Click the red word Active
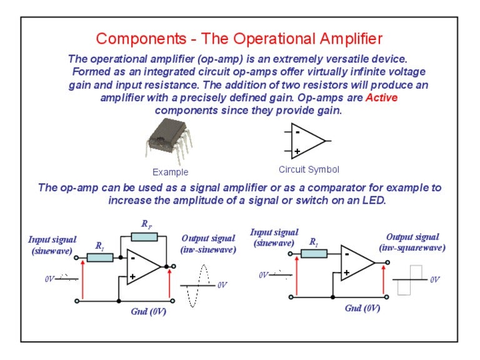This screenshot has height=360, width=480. coord(381,97)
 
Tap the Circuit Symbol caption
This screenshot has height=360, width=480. coord(309,169)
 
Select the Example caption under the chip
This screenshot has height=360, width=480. coord(170,172)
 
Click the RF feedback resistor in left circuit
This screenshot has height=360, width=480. coord(144,237)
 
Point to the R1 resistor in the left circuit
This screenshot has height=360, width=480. coord(100,257)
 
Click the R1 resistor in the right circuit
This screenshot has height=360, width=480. coord(314,253)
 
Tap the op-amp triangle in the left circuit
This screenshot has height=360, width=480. coord(142,267)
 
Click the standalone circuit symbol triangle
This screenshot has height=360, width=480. coord(306,141)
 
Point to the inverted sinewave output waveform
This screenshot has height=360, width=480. coord(199,285)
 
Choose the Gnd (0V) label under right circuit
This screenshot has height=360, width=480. coord(362,308)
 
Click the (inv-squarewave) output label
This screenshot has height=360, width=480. coord(412,247)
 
